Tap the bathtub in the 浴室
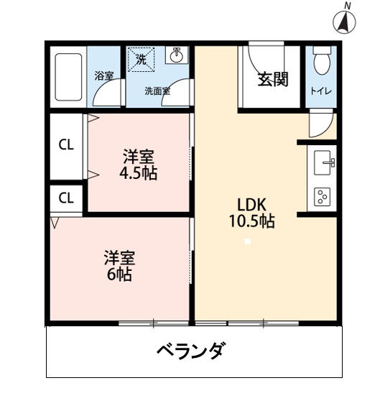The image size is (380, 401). pos(68,77)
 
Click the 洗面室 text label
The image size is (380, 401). pos(157,91)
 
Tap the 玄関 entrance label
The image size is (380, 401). pos(274,80)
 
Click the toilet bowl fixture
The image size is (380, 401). pos(320,63)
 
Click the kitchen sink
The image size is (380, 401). pos(325,162)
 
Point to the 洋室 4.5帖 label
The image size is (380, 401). pos(139,165)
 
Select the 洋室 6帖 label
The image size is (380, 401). pos(120,265)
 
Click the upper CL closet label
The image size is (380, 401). pos(66,144)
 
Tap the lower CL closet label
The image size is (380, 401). pos(66,198)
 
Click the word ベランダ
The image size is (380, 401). pos(191,352)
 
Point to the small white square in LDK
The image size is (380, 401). pos(248,241)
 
